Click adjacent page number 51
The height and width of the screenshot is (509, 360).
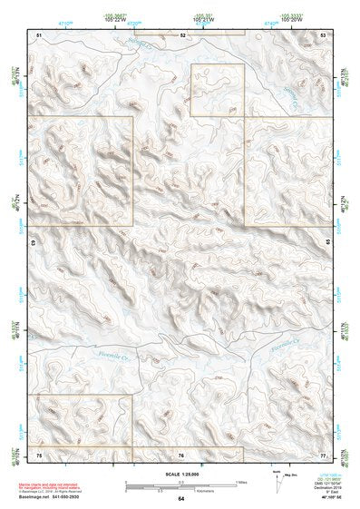[39, 34]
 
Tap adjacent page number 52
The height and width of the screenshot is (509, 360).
[181, 34]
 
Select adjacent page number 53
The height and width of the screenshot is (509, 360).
[324, 34]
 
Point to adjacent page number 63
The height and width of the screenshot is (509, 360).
[34, 242]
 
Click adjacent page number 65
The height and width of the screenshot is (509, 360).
[328, 242]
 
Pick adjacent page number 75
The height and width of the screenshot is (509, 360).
[39, 453]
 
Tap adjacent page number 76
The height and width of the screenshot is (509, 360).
[181, 453]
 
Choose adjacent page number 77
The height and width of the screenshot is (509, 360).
[324, 453]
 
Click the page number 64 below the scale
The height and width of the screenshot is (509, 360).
[181, 499]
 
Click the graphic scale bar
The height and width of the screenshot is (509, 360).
[181, 480]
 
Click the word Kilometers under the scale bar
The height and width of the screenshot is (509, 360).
[181, 487]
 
